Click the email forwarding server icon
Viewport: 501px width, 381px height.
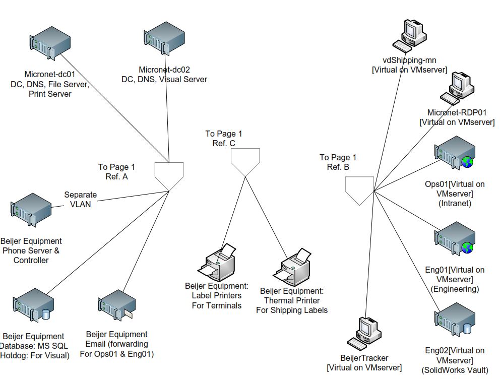(x=116, y=308)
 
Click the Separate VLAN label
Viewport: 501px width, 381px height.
(x=80, y=200)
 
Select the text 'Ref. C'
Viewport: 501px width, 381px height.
(x=223, y=143)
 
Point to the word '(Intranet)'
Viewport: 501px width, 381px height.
(x=455, y=204)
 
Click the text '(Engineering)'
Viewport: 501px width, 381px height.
(x=455, y=289)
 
